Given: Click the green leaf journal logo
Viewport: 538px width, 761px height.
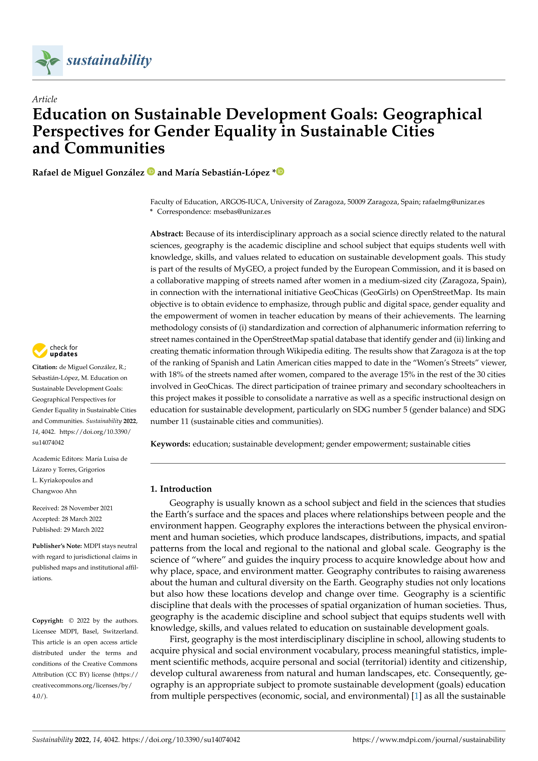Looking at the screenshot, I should point(47,61).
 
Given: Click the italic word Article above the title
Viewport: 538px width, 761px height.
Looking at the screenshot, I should point(44,99).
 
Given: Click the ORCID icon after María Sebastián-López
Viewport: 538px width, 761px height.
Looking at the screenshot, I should point(280,172).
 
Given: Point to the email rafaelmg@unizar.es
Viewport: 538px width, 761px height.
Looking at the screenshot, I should point(453,202).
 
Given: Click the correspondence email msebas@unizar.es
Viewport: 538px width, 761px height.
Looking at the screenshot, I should point(242,212).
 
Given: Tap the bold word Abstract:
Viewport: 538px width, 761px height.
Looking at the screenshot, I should point(167,234).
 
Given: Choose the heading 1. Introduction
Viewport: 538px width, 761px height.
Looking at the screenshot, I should point(181,489).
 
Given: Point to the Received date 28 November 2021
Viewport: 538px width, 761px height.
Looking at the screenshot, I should point(72,508).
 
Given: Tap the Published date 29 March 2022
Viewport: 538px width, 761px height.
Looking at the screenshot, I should point(68,530).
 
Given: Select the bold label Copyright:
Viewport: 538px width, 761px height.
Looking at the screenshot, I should point(48,620).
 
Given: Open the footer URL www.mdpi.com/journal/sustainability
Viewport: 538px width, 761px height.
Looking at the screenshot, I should point(429,740).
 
